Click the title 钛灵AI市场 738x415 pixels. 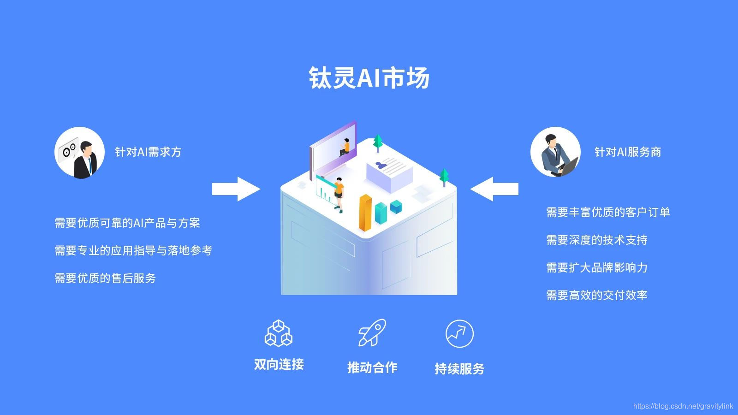point(369,77)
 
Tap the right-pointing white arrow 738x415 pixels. point(236,189)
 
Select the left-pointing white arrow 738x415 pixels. point(494,189)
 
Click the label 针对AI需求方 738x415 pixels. point(148,152)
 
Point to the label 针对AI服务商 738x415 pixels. point(627,152)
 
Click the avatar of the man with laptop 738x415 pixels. point(555,152)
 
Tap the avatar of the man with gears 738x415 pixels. point(80,152)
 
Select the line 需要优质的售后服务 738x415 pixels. point(105,278)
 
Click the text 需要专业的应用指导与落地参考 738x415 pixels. point(133,250)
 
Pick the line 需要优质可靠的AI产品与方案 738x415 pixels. point(127,223)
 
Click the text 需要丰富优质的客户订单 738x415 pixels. point(608,212)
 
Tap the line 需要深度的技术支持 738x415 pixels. point(596,240)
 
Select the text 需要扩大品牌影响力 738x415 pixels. point(596,267)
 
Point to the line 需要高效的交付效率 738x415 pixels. point(596,295)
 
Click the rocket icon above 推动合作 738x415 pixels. point(372,333)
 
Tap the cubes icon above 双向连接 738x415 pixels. point(279,333)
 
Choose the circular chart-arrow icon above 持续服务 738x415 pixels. point(459,334)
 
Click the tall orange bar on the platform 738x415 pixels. point(365,213)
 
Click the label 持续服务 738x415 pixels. point(459,368)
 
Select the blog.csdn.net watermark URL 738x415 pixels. point(683,406)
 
